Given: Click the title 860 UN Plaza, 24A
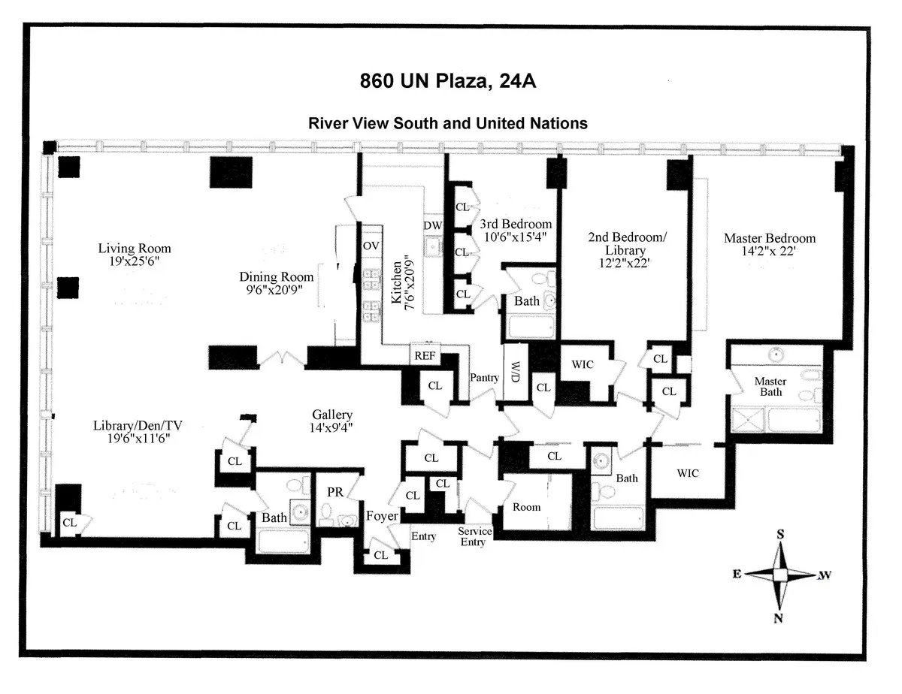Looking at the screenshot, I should coord(447,81).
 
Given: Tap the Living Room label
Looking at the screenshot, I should coord(135,249).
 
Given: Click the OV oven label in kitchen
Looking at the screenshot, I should coord(370,246).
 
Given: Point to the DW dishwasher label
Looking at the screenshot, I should coord(432,225).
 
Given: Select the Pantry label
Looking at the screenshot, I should coord(484,378).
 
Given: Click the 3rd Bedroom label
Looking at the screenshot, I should coord(516,224).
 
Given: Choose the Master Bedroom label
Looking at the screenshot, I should coord(769,238).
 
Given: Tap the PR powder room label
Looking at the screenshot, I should coord(335,492).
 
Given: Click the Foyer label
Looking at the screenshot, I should coord(381,517).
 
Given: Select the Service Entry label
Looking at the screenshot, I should coord(475,536).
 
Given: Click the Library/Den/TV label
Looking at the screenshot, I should coord(138,425).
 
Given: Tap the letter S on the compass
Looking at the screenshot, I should coord(780,534).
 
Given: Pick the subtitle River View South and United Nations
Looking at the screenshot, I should coord(448,123).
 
